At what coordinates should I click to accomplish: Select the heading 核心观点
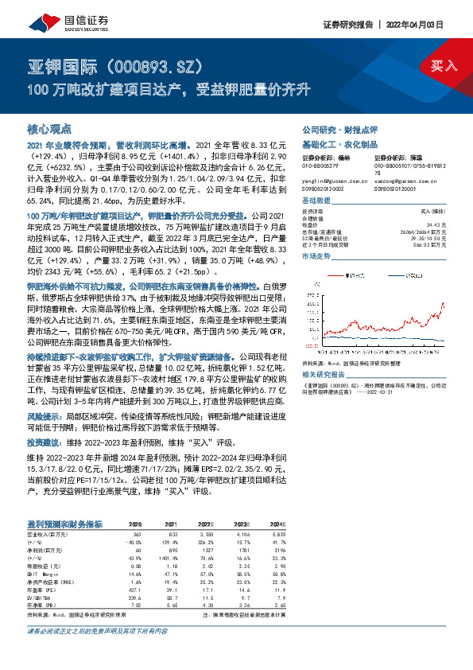(x=49, y=128)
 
